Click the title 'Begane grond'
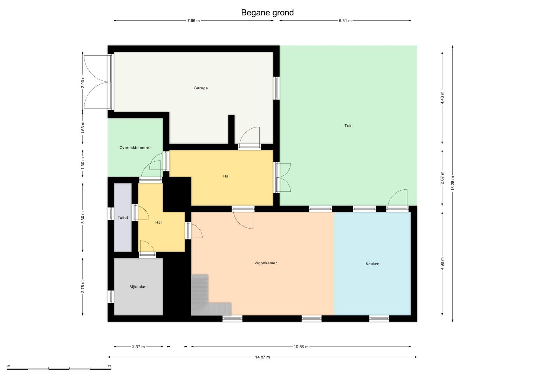click(267, 13)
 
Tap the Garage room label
click(201, 88)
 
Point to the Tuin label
click(349, 126)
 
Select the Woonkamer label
click(266, 263)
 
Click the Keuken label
click(372, 264)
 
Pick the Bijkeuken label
click(138, 287)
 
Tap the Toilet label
click(123, 218)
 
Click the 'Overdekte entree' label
click(136, 148)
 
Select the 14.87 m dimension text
click(262, 357)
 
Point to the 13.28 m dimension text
click(453, 183)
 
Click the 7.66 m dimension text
click(193, 21)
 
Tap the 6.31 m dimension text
click(345, 21)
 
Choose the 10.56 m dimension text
click(301, 347)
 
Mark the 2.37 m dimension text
click(138, 347)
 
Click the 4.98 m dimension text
click(442, 264)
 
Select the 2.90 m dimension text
click(83, 82)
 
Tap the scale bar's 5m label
click(109, 366)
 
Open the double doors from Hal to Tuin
click(283, 177)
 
